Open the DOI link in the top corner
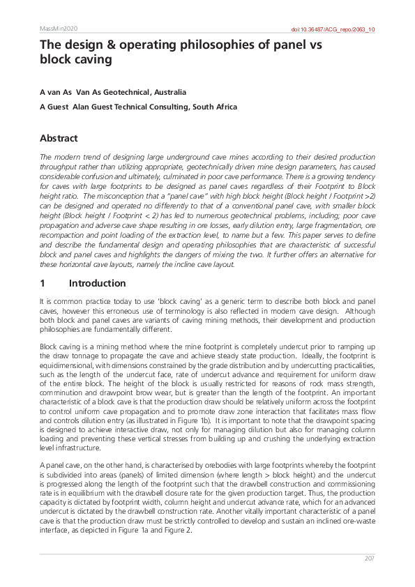(332, 29)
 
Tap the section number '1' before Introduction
(43, 283)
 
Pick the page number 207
(370, 558)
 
